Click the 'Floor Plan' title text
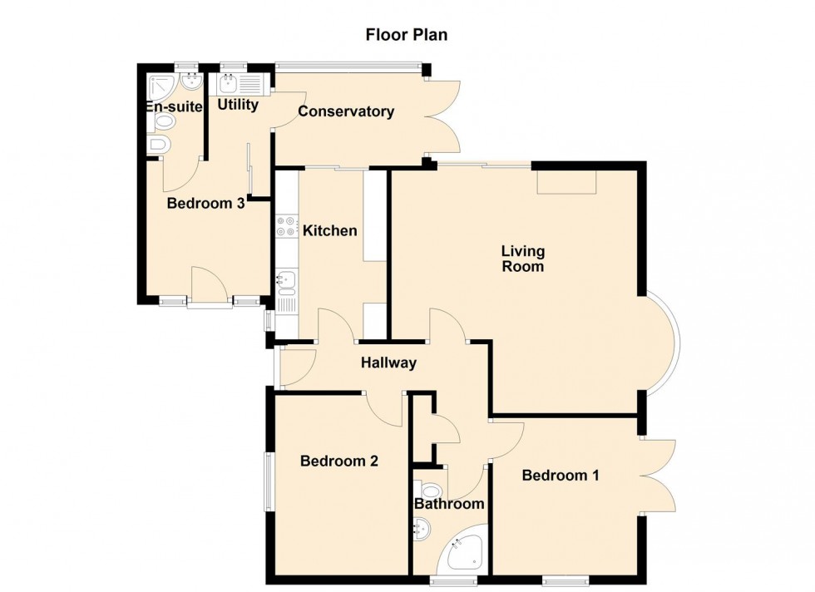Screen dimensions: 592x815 click(x=407, y=34)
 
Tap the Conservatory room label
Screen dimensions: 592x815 click(x=346, y=111)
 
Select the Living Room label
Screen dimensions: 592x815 click(x=522, y=259)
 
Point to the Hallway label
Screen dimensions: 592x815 click(x=388, y=363)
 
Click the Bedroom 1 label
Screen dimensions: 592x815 click(x=561, y=476)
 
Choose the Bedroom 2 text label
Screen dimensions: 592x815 click(x=339, y=461)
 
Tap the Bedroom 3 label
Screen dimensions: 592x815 click(x=205, y=203)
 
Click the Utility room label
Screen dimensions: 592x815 click(x=238, y=106)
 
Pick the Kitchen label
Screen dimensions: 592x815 click(x=329, y=230)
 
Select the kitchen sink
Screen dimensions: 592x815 click(x=287, y=281)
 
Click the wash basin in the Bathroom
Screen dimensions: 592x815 click(x=422, y=526)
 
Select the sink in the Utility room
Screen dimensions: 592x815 click(x=229, y=83)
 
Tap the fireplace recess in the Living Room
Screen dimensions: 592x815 click(x=567, y=182)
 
